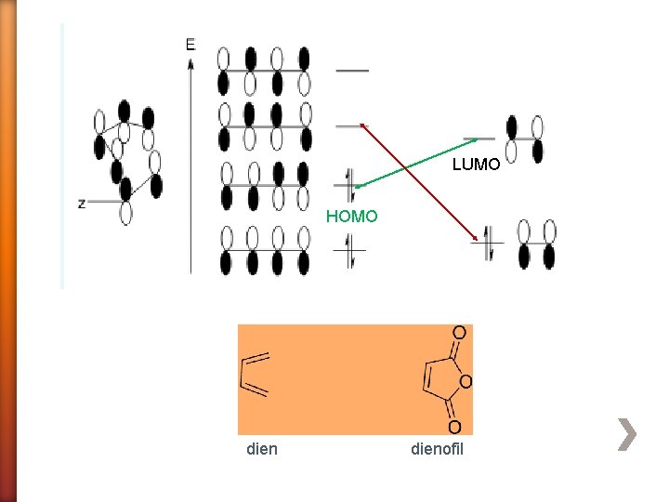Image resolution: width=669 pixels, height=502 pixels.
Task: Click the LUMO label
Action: (476, 165)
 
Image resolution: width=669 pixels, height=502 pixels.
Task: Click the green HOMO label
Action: (351, 217)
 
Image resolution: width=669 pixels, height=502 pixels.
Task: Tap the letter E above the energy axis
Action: (190, 44)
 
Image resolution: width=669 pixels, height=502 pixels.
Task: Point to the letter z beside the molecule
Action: (82, 203)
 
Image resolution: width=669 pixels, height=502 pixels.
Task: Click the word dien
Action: (262, 450)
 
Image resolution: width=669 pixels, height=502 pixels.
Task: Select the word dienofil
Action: (437, 450)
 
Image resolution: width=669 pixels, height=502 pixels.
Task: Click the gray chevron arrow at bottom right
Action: (628, 434)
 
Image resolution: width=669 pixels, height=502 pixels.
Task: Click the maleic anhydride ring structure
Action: (443, 380)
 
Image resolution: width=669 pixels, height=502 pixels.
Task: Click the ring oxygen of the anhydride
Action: (466, 381)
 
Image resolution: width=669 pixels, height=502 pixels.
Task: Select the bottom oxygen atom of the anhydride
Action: (454, 427)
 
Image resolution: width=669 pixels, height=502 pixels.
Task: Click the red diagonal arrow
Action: (418, 181)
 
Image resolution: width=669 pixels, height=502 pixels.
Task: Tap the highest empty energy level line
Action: (351, 71)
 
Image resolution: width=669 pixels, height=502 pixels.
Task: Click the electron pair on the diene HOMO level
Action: (350, 184)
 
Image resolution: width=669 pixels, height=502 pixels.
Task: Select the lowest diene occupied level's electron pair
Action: (350, 251)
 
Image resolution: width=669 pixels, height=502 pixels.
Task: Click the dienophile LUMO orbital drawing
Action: (524, 139)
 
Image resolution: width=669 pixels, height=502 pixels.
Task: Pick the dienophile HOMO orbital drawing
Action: (536, 244)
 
